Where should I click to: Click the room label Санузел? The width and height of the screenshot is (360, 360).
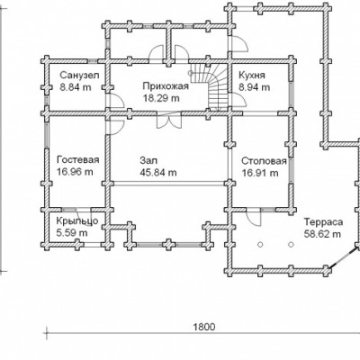pyautogui.click(x=79, y=75)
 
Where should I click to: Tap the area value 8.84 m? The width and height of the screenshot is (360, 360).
pyautogui.click(x=76, y=87)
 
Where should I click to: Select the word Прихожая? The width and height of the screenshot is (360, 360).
pyautogui.click(x=166, y=86)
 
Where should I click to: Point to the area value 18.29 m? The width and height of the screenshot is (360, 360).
pyautogui.click(x=161, y=98)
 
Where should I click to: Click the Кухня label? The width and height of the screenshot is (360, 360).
pyautogui.click(x=252, y=75)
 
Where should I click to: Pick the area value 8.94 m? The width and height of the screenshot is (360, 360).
pyautogui.click(x=255, y=87)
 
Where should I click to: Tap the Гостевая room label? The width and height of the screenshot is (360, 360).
pyautogui.click(x=78, y=159)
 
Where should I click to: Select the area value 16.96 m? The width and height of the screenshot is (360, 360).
pyautogui.click(x=75, y=172)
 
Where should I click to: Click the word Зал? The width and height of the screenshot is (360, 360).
pyautogui.click(x=148, y=160)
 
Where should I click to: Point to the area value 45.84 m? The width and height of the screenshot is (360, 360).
pyautogui.click(x=158, y=173)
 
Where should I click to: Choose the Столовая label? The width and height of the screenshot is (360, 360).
pyautogui.click(x=264, y=161)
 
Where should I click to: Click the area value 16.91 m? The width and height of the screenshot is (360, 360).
pyautogui.click(x=260, y=173)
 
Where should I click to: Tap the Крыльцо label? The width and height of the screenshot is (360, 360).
pyautogui.click(x=77, y=221)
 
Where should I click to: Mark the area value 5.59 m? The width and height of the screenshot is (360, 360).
pyautogui.click(x=72, y=232)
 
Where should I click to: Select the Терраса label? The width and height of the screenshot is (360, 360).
pyautogui.click(x=324, y=222)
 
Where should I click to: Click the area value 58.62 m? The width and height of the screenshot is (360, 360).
pyautogui.click(x=322, y=234)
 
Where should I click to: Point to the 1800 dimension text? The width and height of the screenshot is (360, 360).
pyautogui.click(x=204, y=327)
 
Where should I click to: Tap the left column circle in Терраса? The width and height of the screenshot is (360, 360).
pyautogui.click(x=260, y=245)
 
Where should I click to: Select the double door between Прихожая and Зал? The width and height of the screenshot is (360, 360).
pyautogui.click(x=169, y=121)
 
